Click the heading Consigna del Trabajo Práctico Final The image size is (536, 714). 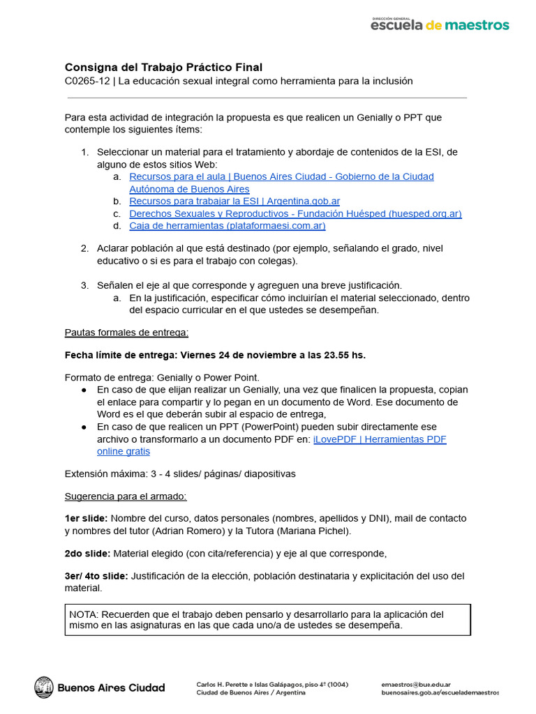163,67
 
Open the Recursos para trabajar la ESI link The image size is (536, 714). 234,201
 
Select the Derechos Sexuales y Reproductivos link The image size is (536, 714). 295,213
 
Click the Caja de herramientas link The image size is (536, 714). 227,226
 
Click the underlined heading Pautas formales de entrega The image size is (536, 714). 126,332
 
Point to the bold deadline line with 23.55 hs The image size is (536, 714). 215,355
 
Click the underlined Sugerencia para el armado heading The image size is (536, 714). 126,496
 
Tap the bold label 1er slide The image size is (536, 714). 86,519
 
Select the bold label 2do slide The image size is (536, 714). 87,554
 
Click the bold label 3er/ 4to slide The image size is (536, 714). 96,576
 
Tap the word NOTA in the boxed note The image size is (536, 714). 84,614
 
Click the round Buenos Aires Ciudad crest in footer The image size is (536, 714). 44,687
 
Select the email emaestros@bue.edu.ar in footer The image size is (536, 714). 415,684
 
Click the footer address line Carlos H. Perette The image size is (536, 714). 272,684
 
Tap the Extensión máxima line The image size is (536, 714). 180,474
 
